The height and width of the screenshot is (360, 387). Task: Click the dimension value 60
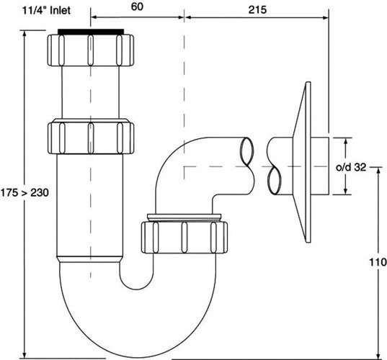click(x=137, y=6)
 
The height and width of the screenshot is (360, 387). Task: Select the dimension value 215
click(x=257, y=9)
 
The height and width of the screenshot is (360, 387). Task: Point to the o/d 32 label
click(x=351, y=168)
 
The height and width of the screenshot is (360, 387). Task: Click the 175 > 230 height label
click(x=25, y=192)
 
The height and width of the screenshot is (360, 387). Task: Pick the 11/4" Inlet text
click(x=46, y=10)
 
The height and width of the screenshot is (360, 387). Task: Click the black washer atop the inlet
click(x=91, y=31)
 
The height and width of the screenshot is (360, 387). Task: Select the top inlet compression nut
click(x=91, y=50)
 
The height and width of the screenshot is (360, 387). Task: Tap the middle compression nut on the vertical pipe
click(x=91, y=137)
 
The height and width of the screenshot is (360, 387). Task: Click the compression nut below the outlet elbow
click(x=184, y=237)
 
